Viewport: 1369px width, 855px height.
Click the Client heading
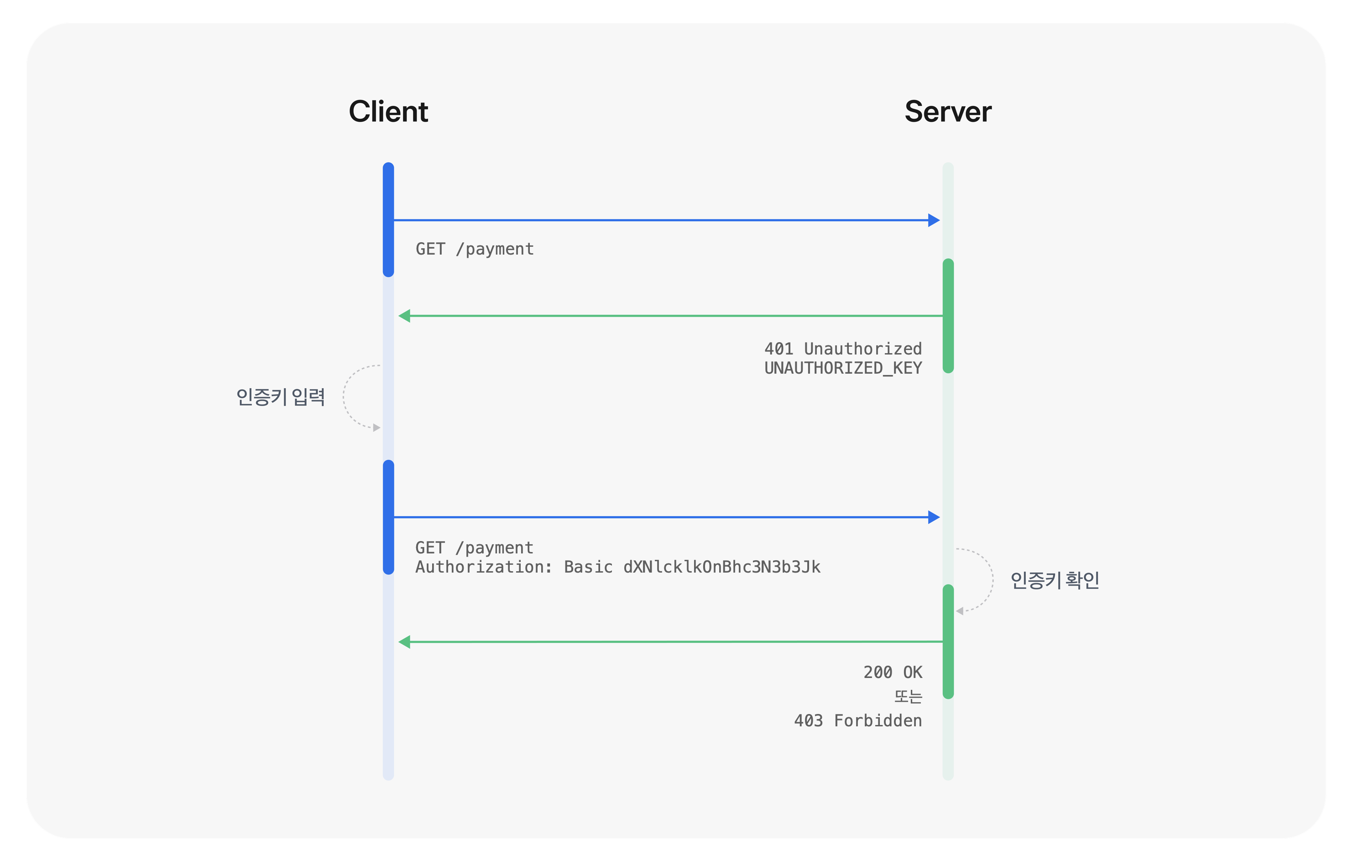pos(388,111)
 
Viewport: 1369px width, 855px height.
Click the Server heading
pos(948,111)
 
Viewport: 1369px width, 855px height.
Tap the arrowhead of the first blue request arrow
pos(934,220)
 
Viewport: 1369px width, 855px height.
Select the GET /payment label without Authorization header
pos(475,249)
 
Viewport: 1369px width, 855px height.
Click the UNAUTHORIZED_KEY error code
pos(843,368)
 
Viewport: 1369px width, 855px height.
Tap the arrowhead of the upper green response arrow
pos(404,316)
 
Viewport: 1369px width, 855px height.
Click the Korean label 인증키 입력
pos(281,397)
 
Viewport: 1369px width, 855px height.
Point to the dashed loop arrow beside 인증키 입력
pos(344,397)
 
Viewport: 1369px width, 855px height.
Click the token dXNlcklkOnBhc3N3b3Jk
pos(721,567)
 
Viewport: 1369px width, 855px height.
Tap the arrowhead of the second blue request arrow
pos(934,517)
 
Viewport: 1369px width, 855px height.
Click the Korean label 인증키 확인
pos(1055,580)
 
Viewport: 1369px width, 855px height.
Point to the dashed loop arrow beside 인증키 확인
pos(993,580)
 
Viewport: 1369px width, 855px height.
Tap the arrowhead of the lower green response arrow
pos(404,642)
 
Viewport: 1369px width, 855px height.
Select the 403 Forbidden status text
pos(858,720)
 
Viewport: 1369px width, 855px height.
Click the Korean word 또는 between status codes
pos(908,696)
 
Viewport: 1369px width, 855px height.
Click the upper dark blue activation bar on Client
pos(388,219)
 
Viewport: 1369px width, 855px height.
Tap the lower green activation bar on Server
pos(948,641)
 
